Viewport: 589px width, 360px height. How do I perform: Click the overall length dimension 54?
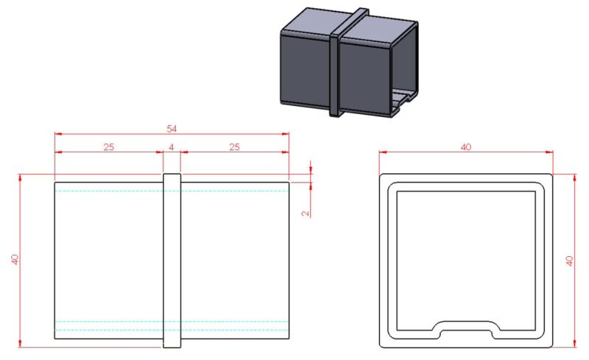(172, 129)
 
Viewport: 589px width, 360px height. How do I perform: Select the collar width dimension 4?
(172, 147)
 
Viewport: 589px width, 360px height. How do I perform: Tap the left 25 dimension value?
(108, 147)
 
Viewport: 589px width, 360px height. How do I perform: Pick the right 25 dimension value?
(234, 147)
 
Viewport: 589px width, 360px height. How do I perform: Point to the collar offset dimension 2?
(306, 213)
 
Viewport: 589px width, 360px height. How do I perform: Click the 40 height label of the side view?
(15, 260)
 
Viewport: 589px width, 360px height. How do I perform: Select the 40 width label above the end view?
(466, 147)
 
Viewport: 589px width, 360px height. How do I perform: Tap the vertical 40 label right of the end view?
(569, 261)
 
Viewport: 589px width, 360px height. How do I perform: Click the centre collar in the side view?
(172, 261)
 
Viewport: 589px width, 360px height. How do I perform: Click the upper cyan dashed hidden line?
(172, 191)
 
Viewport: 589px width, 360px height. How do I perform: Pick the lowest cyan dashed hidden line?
(172, 331)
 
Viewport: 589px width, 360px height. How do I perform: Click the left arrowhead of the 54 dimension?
(58, 133)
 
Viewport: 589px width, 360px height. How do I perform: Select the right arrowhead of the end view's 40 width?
(549, 152)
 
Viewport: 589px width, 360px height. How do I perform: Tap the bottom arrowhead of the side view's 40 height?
(20, 344)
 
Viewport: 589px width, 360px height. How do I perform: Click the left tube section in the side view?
(109, 261)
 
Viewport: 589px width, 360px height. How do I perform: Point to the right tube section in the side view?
(235, 261)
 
